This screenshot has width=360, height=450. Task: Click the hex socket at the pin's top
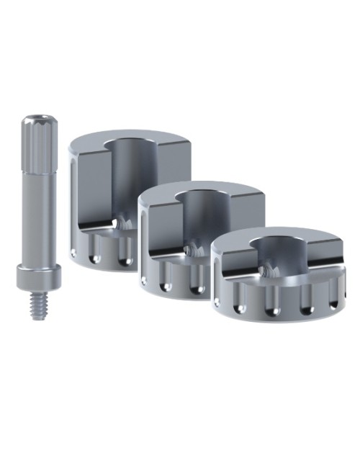click(x=35, y=117)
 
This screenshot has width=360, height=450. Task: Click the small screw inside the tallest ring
click(x=123, y=225)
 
